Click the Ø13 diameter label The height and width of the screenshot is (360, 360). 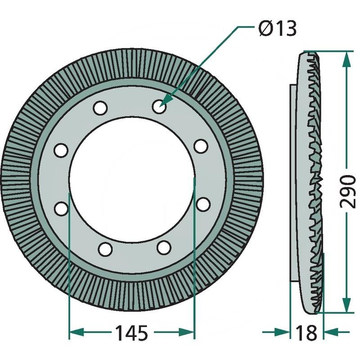click(278, 29)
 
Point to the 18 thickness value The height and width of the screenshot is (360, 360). click(306, 333)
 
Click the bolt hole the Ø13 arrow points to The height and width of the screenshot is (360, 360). click(159, 107)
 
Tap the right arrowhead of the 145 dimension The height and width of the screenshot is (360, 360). click(187, 332)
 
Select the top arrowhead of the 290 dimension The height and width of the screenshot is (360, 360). click(346, 59)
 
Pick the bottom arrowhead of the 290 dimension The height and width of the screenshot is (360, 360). click(346, 305)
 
